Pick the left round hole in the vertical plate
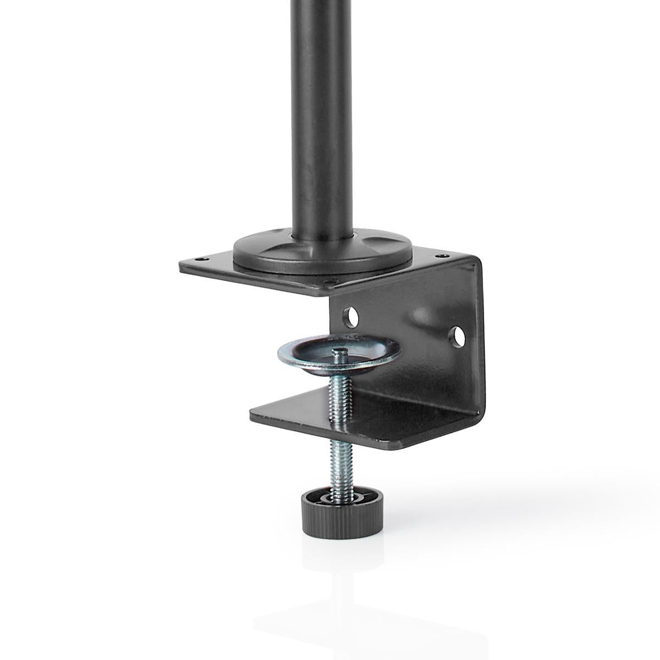pyautogui.click(x=350, y=316)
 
